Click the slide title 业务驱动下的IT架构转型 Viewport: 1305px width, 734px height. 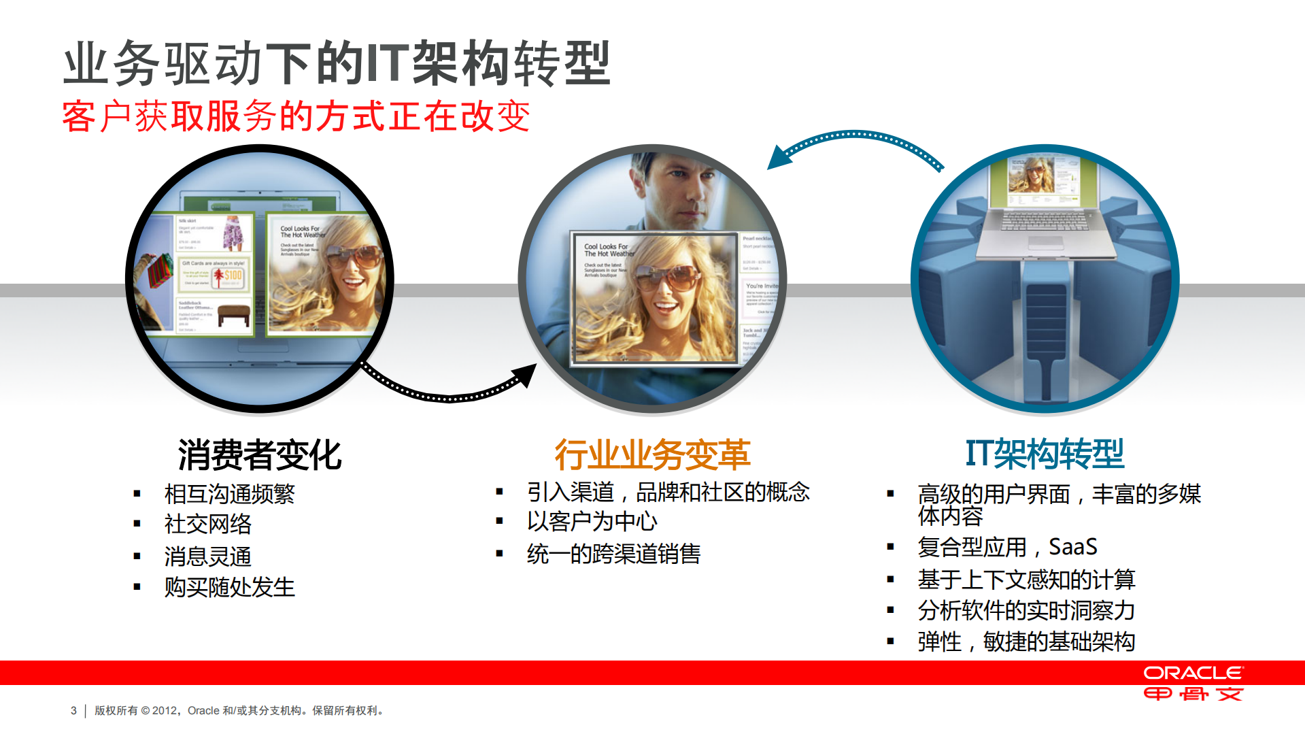point(337,63)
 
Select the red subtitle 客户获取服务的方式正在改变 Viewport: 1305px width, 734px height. point(296,116)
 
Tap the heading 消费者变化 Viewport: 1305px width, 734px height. point(259,454)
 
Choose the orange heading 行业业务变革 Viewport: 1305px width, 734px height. point(652,454)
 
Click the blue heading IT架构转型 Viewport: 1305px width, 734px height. point(1045,453)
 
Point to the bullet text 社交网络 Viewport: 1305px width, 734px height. point(207,524)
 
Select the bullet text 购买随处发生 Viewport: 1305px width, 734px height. point(229,586)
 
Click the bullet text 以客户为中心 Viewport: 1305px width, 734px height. point(592,521)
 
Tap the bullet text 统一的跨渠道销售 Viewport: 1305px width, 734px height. point(613,554)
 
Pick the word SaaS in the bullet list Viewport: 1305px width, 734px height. point(1072,547)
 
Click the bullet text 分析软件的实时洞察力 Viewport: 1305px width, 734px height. point(1026,610)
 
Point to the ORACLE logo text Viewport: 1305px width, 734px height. point(1193,673)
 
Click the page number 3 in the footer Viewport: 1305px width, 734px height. point(73,710)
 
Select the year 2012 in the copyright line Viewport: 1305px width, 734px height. point(164,710)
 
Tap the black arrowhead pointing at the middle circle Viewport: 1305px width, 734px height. point(526,375)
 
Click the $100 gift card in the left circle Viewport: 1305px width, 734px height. point(230,276)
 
